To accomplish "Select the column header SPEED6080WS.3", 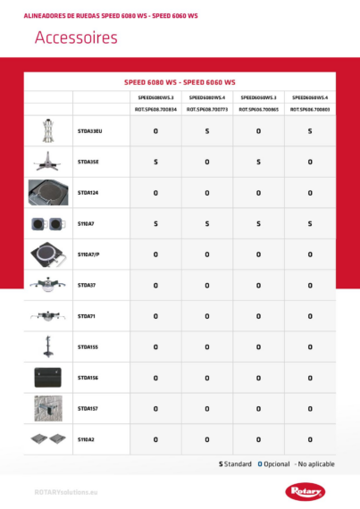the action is [x=155, y=96].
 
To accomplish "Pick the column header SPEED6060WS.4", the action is [x=310, y=96].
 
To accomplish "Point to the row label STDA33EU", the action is [x=90, y=131].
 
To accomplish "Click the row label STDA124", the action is [x=88, y=192].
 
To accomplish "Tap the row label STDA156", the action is [x=88, y=378].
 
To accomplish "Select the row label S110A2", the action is [x=86, y=439].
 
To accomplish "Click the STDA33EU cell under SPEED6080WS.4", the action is [x=207, y=131].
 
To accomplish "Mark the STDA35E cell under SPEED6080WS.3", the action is [x=155, y=162].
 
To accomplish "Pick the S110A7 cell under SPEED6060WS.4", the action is [x=310, y=223].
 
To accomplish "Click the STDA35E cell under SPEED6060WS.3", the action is [x=258, y=162].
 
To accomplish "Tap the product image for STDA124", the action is [x=48, y=192].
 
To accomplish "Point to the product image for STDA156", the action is [x=48, y=378].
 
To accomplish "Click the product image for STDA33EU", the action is [x=48, y=131].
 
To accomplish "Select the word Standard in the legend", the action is [x=238, y=463].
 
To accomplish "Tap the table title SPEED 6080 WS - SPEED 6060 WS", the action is [x=180, y=81].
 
